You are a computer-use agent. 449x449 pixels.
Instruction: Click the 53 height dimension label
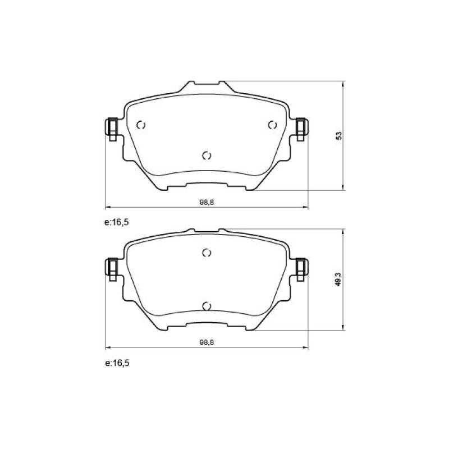coord(340,135)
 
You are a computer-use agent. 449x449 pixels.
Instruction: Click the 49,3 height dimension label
coord(339,279)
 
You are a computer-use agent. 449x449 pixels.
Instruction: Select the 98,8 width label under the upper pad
coord(207,202)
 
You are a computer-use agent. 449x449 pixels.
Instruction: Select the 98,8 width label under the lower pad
coord(207,342)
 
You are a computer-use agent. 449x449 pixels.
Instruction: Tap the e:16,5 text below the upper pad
coord(117,222)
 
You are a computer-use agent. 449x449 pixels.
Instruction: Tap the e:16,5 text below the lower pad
coord(117,363)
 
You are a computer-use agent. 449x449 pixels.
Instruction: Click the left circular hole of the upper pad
coord(141,125)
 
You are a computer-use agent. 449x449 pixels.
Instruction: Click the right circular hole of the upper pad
coord(272,125)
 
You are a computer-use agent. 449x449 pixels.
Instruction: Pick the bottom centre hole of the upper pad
coord(207,156)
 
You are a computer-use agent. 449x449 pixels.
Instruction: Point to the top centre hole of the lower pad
coord(207,253)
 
